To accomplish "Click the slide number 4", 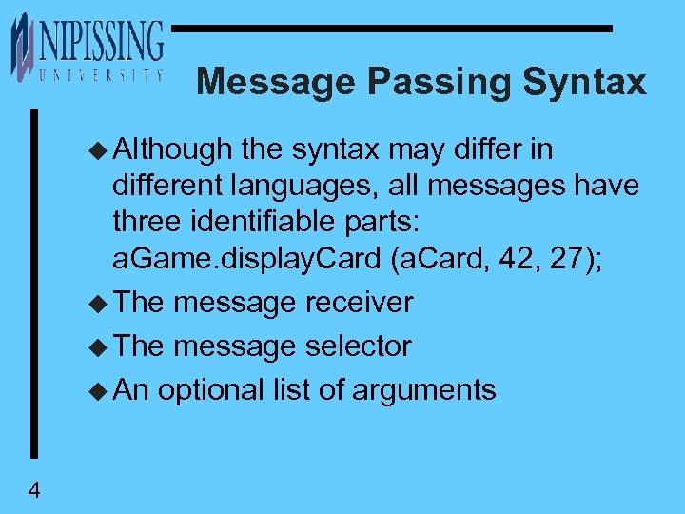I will tap(34, 491).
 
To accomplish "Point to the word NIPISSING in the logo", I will tap(101, 42).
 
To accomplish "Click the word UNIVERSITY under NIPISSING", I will tap(101, 74).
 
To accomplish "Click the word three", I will tap(146, 223).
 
